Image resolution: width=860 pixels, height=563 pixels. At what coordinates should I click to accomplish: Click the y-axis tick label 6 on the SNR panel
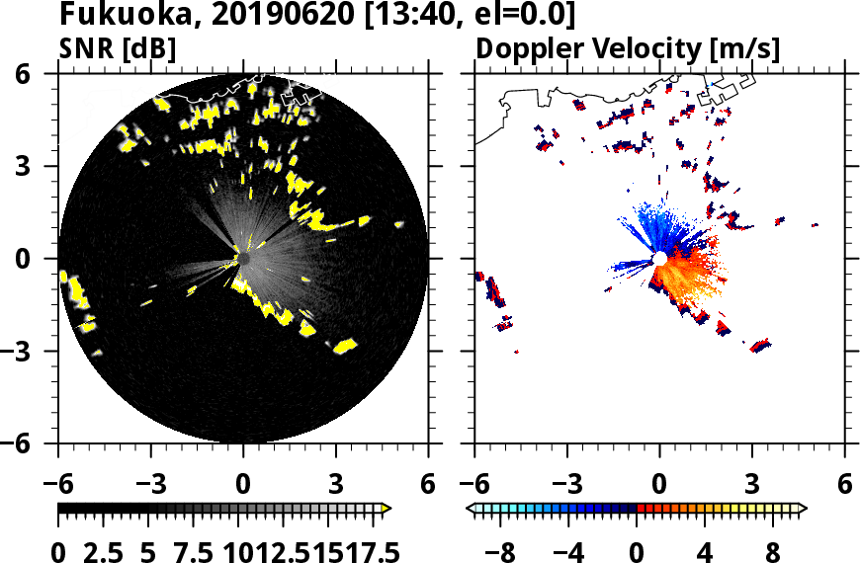[43, 74]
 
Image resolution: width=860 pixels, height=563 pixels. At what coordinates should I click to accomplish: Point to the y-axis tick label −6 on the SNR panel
[36, 443]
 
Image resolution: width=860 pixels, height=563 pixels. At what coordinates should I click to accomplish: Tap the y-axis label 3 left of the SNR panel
[43, 166]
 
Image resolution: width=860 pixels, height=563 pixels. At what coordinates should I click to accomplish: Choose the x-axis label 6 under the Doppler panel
[844, 485]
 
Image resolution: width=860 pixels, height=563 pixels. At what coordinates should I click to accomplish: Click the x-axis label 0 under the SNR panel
[243, 485]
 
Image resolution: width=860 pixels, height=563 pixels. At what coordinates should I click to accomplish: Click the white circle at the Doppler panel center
[659, 259]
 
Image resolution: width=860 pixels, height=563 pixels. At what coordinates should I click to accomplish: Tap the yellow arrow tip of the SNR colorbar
[387, 508]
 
